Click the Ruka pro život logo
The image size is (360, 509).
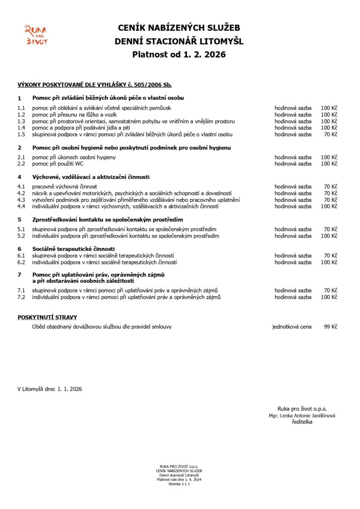point(36,35)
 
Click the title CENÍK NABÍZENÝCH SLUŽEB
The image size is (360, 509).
point(179,29)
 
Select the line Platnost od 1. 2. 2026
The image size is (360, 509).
point(179,55)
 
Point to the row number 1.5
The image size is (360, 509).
point(21,134)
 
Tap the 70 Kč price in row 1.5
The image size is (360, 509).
point(331,134)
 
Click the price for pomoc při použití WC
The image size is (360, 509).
point(329,164)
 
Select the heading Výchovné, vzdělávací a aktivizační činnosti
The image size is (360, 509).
point(91,177)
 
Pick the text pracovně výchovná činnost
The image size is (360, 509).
point(65,186)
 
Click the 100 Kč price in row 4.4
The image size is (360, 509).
point(329,206)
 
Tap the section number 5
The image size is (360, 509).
point(19,219)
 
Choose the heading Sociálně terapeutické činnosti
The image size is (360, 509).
point(74,249)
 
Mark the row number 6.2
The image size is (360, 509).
point(21,262)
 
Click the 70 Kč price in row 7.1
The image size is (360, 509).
point(331,290)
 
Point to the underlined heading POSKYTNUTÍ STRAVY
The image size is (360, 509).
point(47,317)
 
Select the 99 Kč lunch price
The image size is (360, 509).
point(331,327)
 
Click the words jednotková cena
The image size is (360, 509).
point(292,327)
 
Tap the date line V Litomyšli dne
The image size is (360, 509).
point(50,389)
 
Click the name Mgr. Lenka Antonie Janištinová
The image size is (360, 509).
point(302,416)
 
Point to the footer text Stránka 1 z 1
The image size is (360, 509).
point(180,484)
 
